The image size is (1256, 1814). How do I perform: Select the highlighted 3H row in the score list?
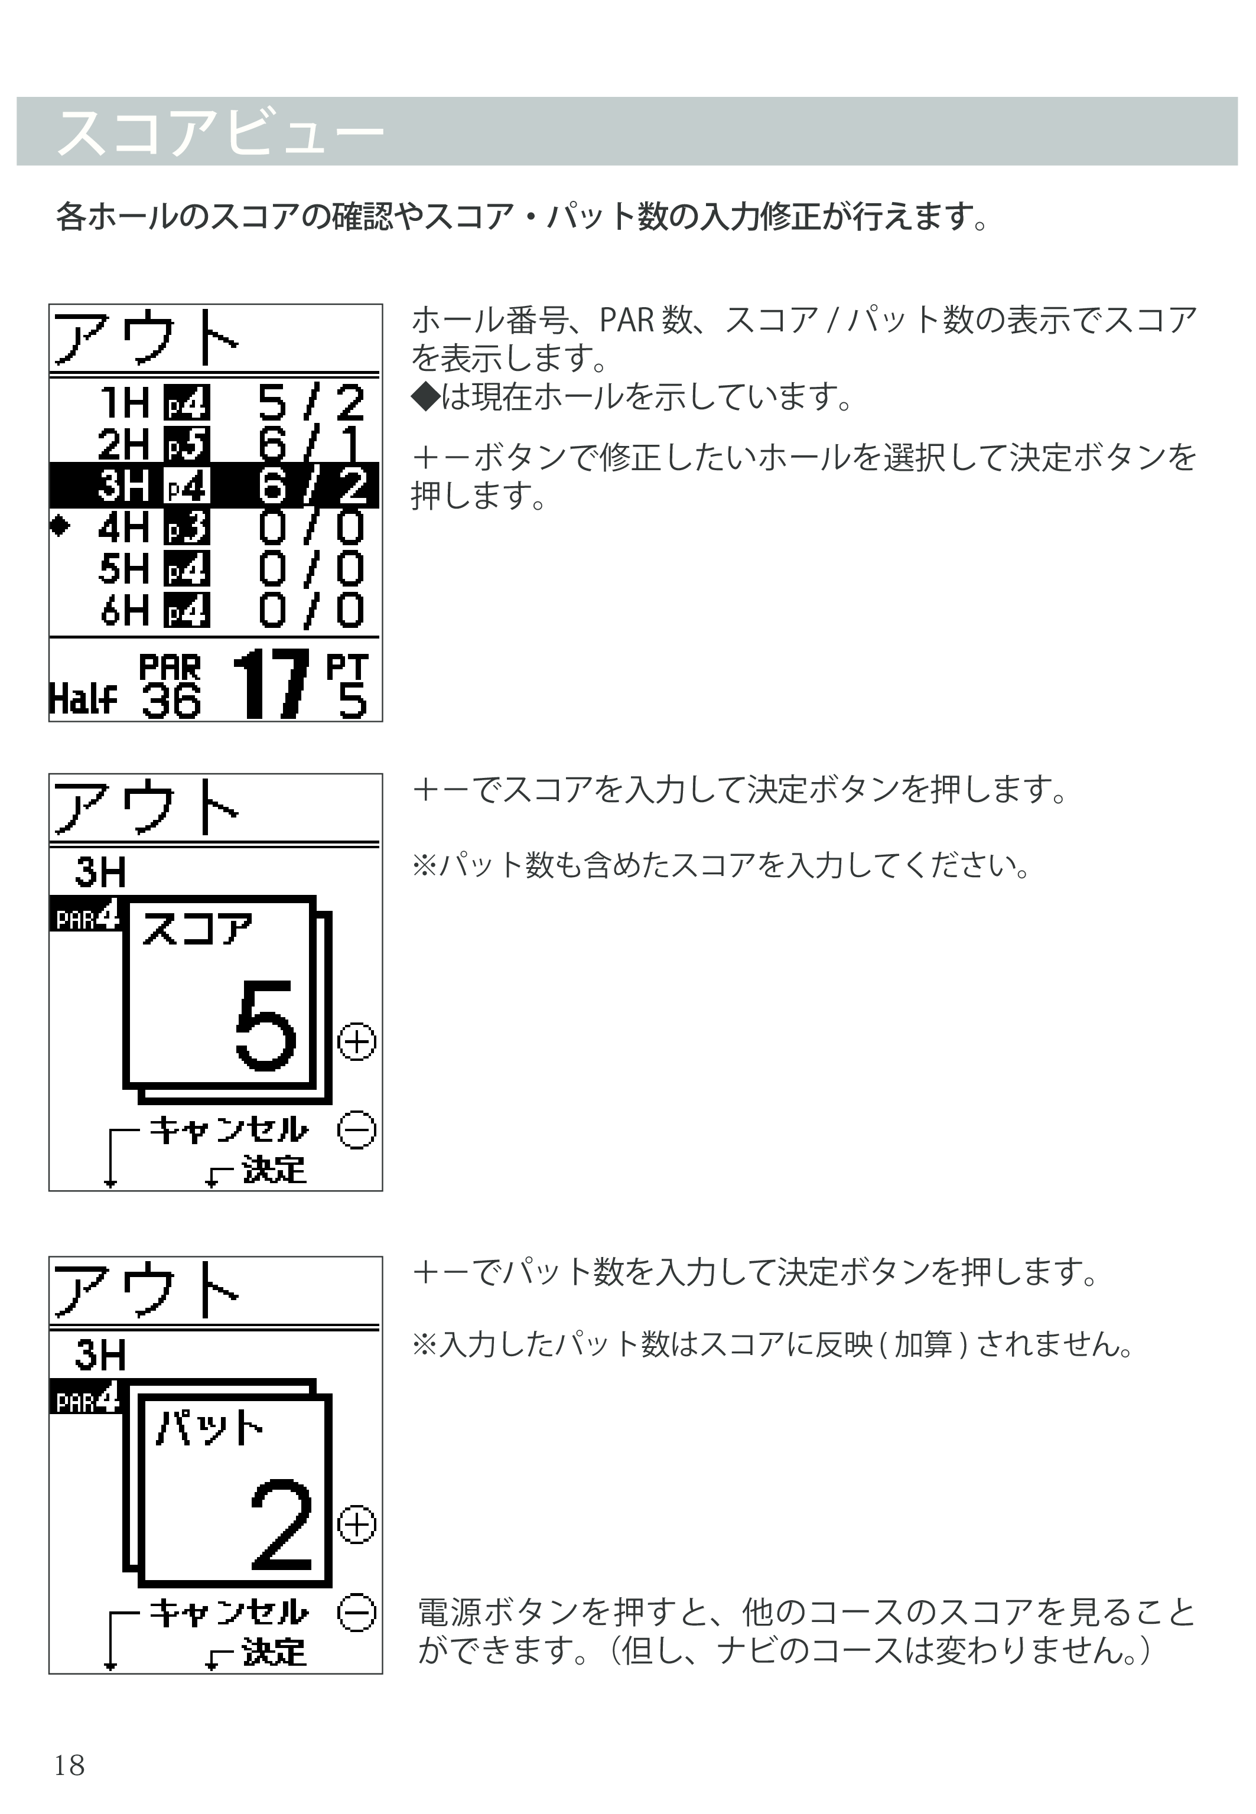pyautogui.click(x=214, y=486)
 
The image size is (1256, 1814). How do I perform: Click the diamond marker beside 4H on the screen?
pyautogui.click(x=60, y=526)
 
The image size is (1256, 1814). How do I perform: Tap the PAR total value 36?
pyautogui.click(x=171, y=700)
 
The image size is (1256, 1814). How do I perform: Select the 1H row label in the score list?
pyautogui.click(x=123, y=403)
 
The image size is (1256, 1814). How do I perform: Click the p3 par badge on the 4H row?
pyautogui.click(x=187, y=527)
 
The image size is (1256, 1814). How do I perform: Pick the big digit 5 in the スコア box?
pyautogui.click(x=266, y=1025)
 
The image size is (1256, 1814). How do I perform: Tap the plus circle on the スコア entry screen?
pyautogui.click(x=356, y=1043)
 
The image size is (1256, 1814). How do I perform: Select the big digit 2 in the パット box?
pyautogui.click(x=281, y=1525)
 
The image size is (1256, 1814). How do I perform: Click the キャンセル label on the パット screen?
pyautogui.click(x=229, y=1613)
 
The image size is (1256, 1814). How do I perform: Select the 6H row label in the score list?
pyautogui.click(x=123, y=610)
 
